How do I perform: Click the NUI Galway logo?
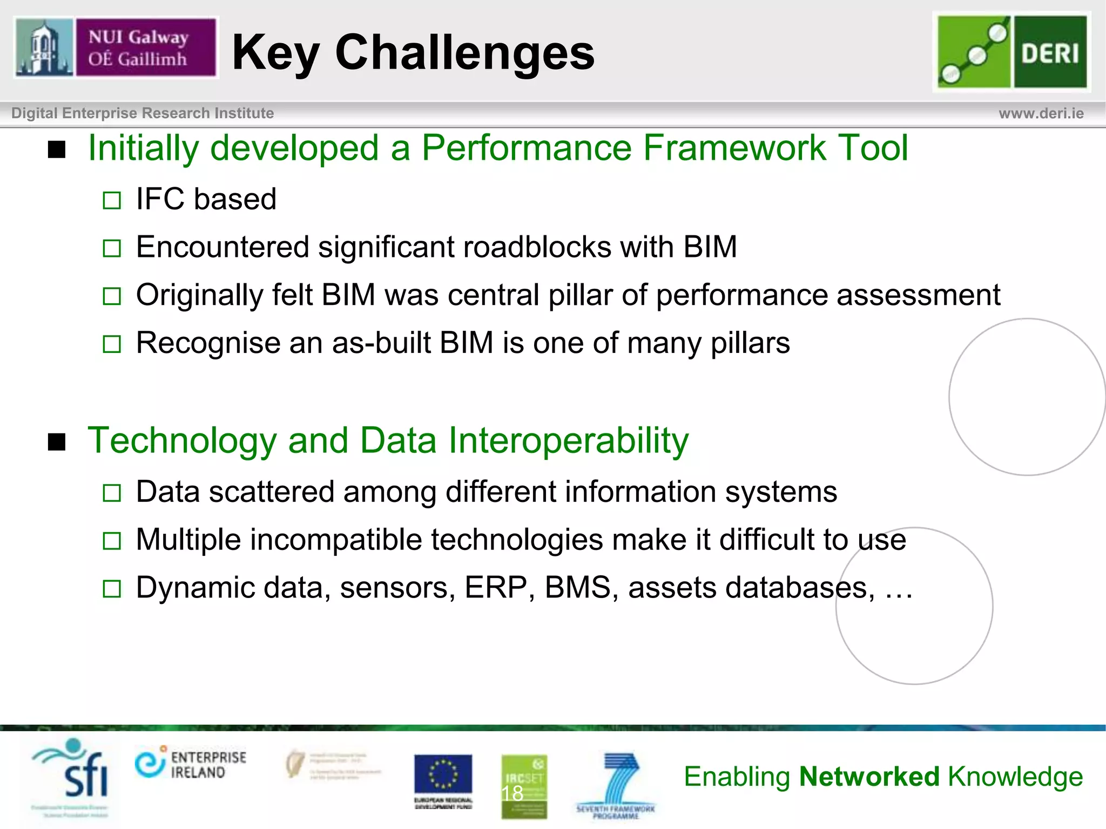(116, 47)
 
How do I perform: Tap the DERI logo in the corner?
(1011, 51)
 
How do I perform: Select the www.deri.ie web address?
(1041, 113)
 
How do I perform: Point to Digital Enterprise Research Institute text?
(143, 113)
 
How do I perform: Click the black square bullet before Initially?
(57, 150)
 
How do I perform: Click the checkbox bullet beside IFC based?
(112, 200)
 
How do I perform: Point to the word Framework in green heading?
(734, 148)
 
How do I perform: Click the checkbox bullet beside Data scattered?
(112, 492)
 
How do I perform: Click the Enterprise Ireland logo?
(191, 763)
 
